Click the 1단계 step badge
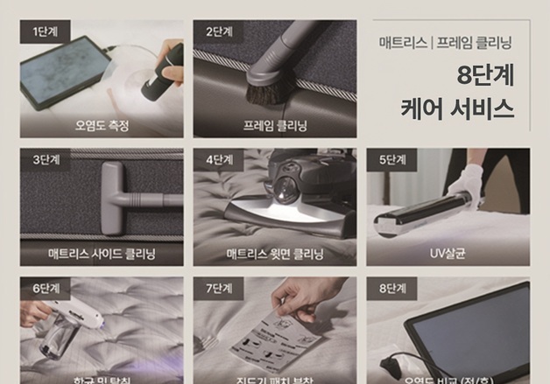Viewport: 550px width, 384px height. [x=45, y=31]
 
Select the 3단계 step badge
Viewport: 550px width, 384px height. [x=45, y=160]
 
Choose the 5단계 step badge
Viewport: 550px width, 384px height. [x=391, y=160]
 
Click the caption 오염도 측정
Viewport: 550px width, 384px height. [x=102, y=126]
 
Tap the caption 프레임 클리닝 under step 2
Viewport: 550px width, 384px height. [x=275, y=126]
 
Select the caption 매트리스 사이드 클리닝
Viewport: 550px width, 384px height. [x=102, y=255]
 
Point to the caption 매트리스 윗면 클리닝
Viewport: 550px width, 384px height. [x=275, y=255]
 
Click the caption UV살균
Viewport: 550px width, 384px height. [x=448, y=255]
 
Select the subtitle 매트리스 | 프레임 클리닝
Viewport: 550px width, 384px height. [x=446, y=42]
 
